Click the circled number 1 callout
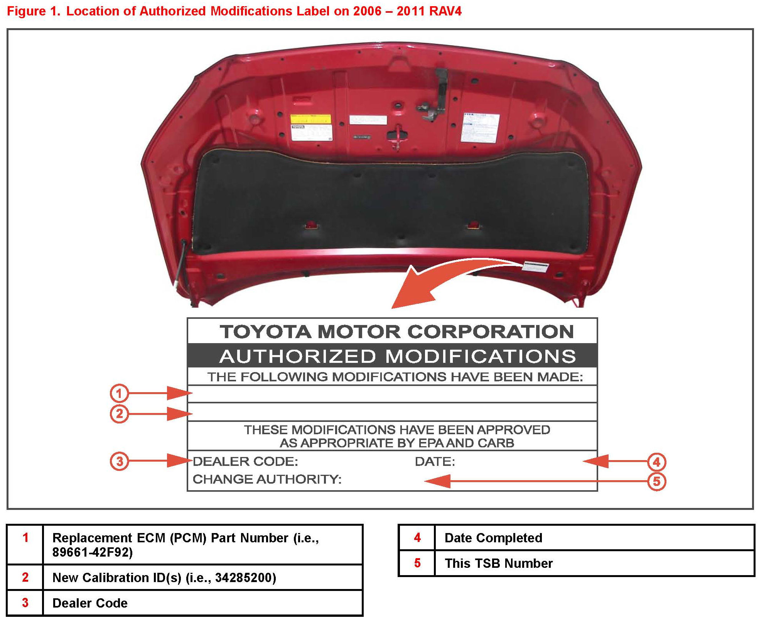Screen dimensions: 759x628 tap(119, 393)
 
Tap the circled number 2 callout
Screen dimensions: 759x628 tap(119, 414)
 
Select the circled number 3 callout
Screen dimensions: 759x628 tap(119, 461)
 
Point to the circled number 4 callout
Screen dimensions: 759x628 tap(656, 462)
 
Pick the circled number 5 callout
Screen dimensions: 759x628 tap(656, 481)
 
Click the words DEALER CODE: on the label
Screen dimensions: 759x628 tap(245, 461)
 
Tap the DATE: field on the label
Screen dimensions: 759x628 tap(435, 461)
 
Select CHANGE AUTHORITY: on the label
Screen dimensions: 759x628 tap(267, 479)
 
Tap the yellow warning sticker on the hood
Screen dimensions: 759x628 tap(311, 119)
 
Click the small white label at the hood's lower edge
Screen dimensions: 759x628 tap(535, 266)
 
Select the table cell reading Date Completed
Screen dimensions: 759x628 tap(493, 538)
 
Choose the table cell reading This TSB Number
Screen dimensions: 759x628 tap(498, 563)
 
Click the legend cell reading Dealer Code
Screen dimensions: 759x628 tap(90, 603)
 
